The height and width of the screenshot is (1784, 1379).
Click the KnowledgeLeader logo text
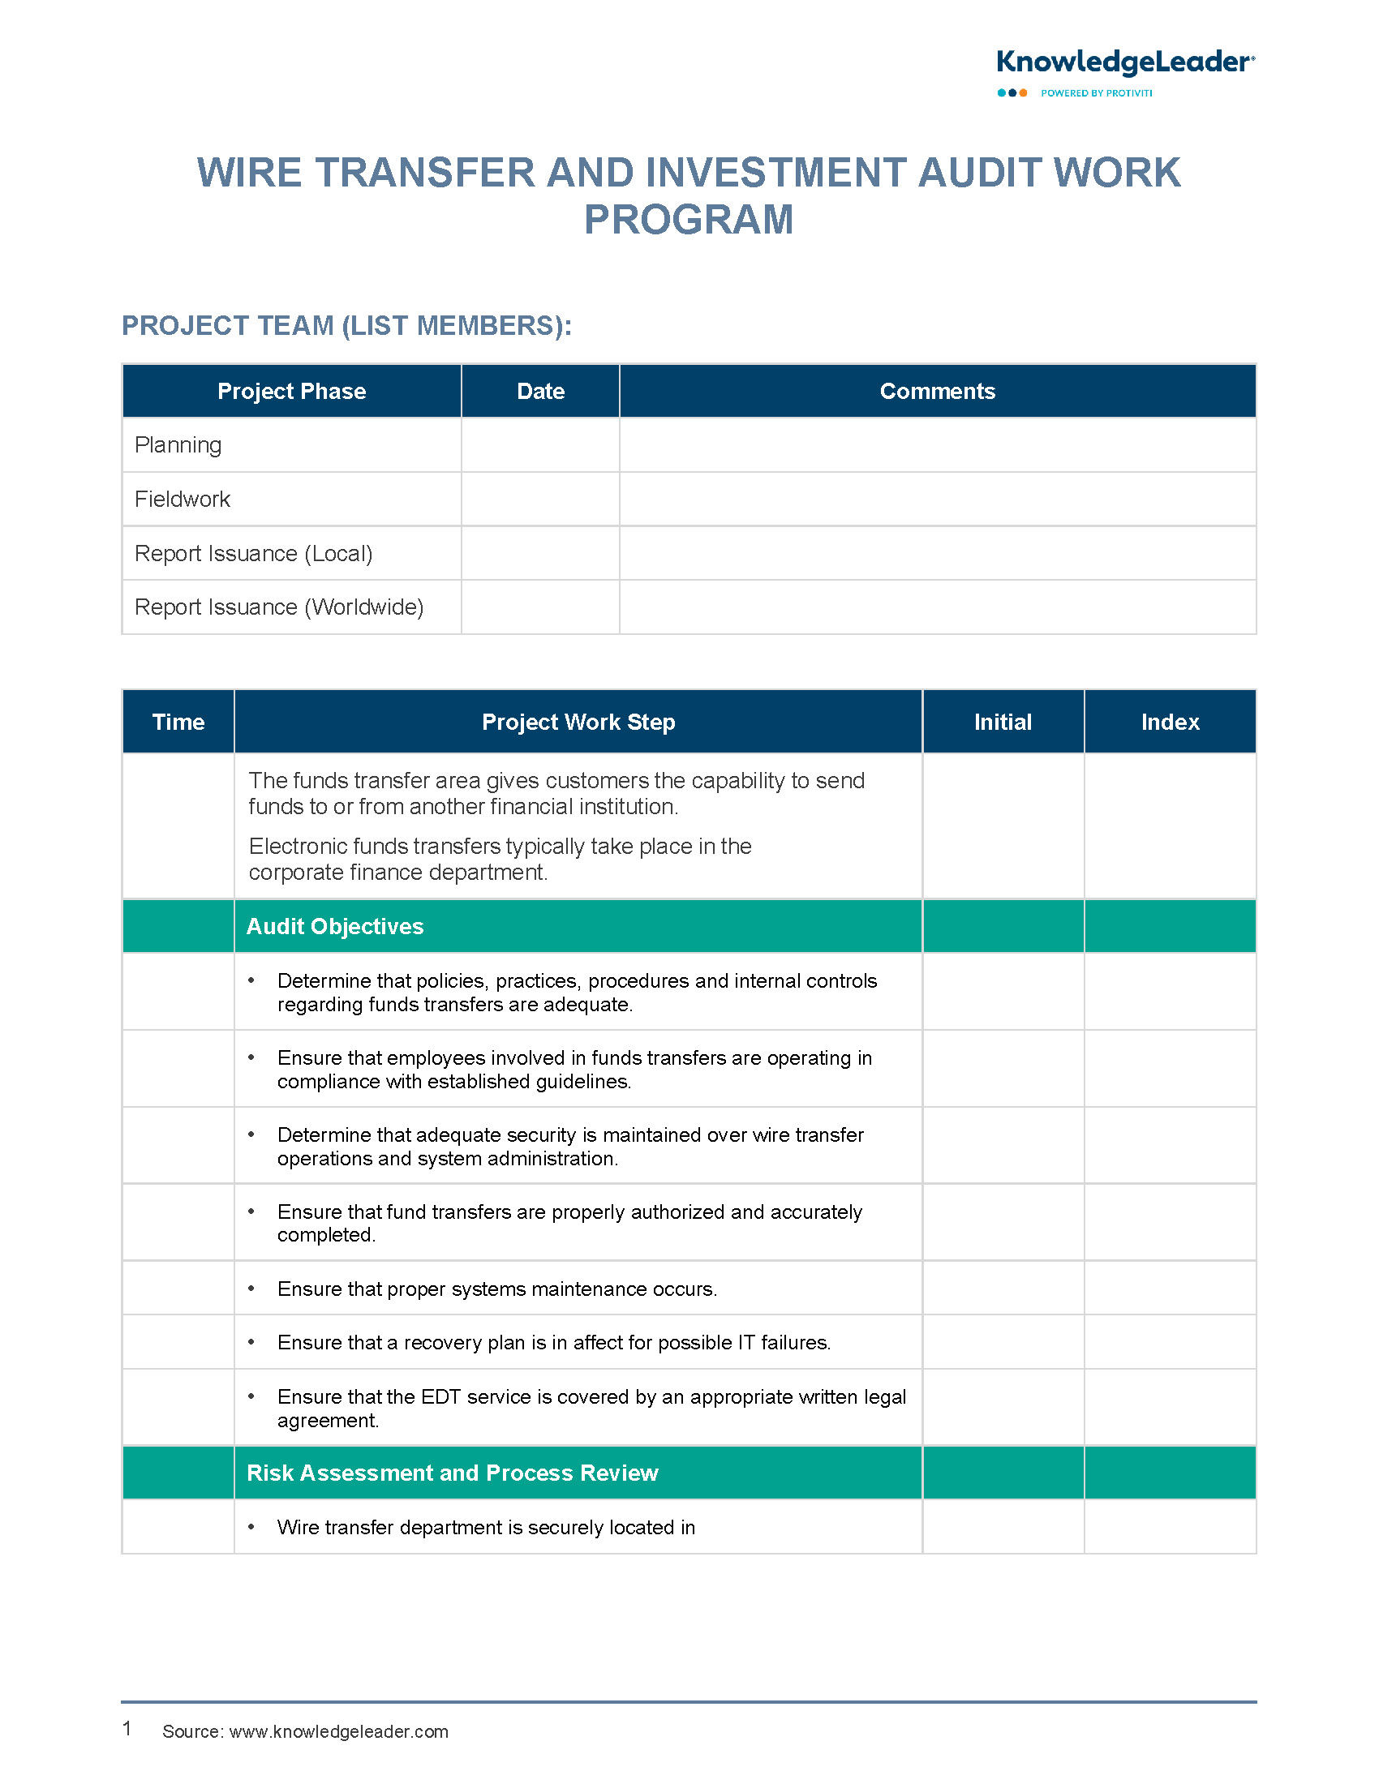pyautogui.click(x=1124, y=62)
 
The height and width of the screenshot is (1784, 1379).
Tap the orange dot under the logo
pyautogui.click(x=1023, y=93)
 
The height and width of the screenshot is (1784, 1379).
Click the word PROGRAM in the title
pyautogui.click(x=688, y=220)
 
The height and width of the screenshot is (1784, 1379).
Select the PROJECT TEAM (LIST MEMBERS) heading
pyautogui.click(x=346, y=325)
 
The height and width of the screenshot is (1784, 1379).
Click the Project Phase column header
pyautogui.click(x=292, y=392)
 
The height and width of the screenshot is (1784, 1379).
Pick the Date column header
pyautogui.click(x=540, y=392)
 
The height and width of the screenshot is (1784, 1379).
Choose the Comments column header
pyautogui.click(x=937, y=392)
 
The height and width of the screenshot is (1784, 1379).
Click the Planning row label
pyautogui.click(x=178, y=445)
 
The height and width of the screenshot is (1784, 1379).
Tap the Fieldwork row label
pyautogui.click(x=183, y=499)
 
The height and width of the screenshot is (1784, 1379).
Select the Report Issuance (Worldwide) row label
pyautogui.click(x=278, y=607)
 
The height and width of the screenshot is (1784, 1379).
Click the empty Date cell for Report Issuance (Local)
pyautogui.click(x=540, y=553)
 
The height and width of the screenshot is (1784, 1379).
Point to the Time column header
pyautogui.click(x=178, y=722)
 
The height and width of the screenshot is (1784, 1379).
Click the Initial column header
pyautogui.click(x=1003, y=722)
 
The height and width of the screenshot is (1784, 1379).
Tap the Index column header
pyautogui.click(x=1170, y=722)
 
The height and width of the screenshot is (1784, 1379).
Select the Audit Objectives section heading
pyautogui.click(x=335, y=926)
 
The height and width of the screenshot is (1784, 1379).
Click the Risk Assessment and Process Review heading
pyautogui.click(x=452, y=1473)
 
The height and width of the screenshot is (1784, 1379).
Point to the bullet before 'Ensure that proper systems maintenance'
pyautogui.click(x=251, y=1289)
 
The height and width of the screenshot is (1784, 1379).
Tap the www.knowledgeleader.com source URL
pyautogui.click(x=338, y=1732)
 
